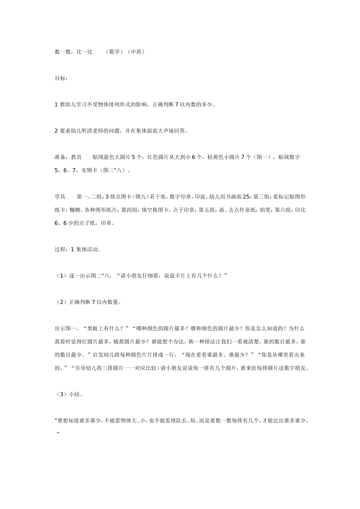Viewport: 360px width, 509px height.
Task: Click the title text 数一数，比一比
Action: coord(74,52)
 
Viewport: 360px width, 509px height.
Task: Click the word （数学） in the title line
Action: coord(114,52)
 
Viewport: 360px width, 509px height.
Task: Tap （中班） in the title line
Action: coord(136,52)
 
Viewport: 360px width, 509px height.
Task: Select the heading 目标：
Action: coord(61,78)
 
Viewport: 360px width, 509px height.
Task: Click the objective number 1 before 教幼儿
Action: coord(56,105)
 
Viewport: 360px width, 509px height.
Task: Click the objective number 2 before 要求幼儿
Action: coord(56,131)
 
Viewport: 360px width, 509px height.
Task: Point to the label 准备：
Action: coord(63,157)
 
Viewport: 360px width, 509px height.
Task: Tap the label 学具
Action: coord(60,197)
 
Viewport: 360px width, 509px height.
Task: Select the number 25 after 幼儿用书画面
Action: coord(246,197)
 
